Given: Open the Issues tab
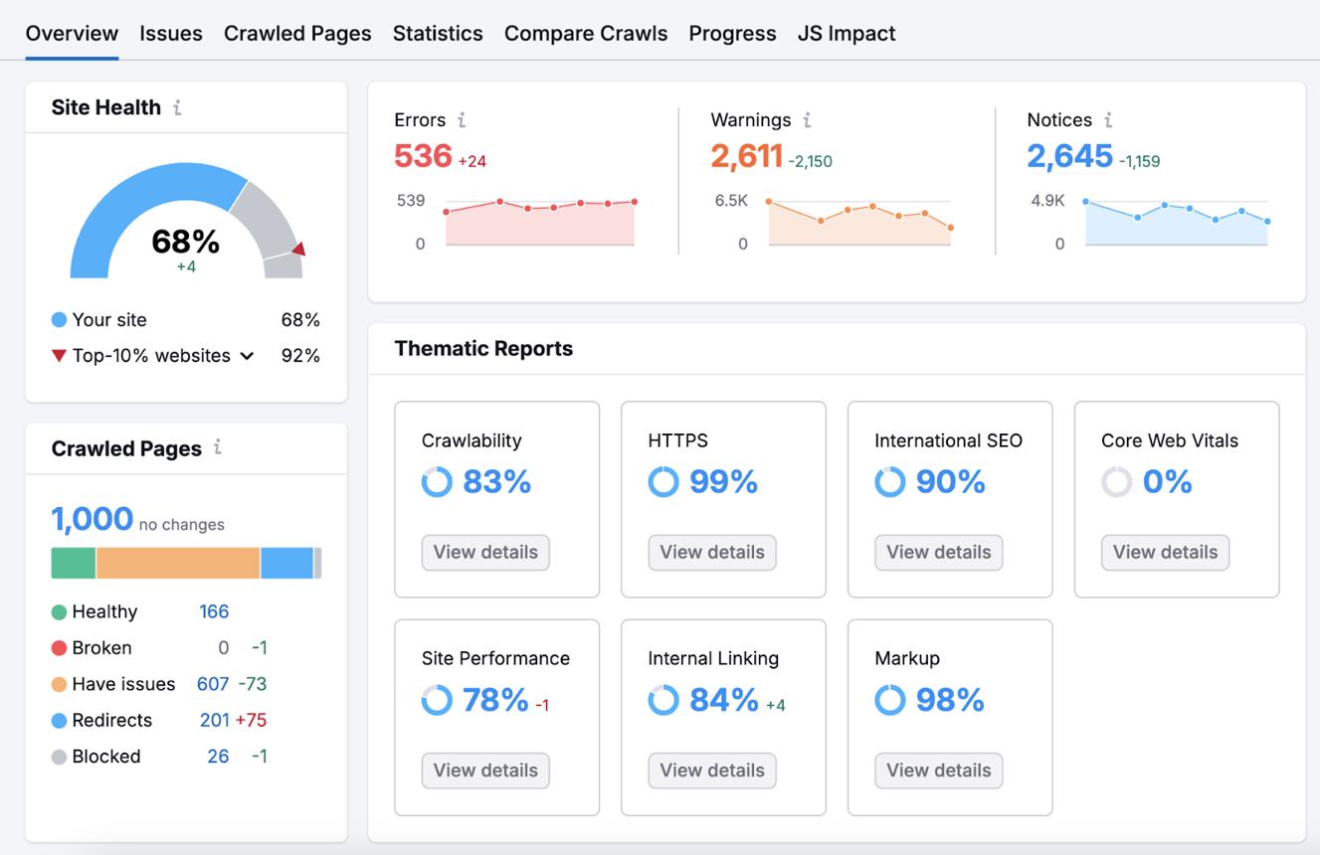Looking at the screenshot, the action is pos(171,34).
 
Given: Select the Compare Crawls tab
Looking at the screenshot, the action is pos(586,34).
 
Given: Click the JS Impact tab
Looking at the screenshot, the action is pos(847,34).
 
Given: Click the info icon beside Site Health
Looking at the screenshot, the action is pos(177,107).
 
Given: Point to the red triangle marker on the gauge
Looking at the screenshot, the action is pos(299,249).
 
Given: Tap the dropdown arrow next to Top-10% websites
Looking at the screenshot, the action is pos(247,356).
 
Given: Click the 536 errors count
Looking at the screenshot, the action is pos(423,156).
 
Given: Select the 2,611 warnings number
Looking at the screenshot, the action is pos(747,156).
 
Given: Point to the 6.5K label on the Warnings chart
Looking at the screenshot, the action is pos(731,201).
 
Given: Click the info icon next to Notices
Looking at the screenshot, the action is pos(1108,120).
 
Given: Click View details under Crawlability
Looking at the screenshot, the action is pos(485,553).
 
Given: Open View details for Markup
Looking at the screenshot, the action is pos(939,770).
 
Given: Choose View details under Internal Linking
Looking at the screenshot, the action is pos(712,770).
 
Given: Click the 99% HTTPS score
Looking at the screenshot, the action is pos(723,481).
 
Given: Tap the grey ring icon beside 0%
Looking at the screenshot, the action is pos(1116,481).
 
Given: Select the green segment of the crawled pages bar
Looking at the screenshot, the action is pos(74,563).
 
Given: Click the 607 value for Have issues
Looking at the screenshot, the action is pos(213,684).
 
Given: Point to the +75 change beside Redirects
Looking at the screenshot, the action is pos(251,720).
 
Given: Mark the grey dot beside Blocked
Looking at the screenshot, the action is pos(59,757).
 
